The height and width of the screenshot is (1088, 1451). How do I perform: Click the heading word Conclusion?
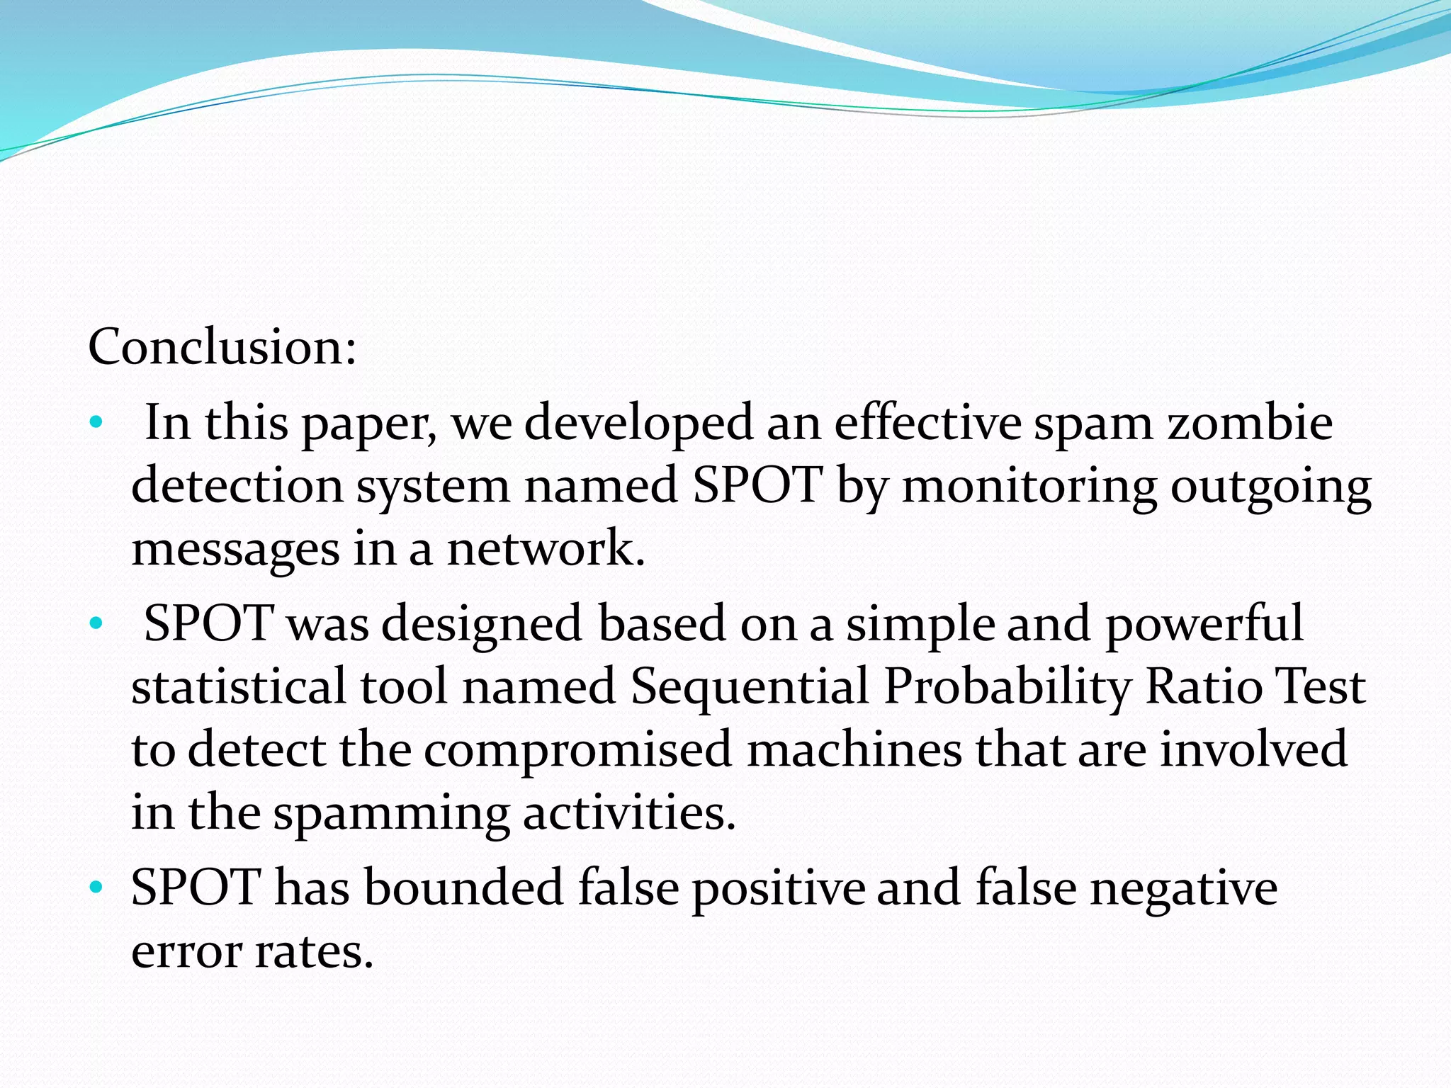[222, 347]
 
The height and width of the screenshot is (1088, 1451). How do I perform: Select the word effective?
[927, 423]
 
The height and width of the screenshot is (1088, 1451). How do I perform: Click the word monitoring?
[1029, 487]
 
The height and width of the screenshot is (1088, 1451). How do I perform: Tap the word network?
[546, 549]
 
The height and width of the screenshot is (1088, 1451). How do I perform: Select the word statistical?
[239, 686]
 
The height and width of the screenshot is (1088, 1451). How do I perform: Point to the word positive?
[779, 888]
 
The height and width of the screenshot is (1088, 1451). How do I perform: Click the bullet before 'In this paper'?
[96, 424]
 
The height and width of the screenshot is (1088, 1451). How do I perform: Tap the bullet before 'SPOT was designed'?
[96, 624]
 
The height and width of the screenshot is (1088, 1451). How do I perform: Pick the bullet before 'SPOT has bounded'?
[96, 888]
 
